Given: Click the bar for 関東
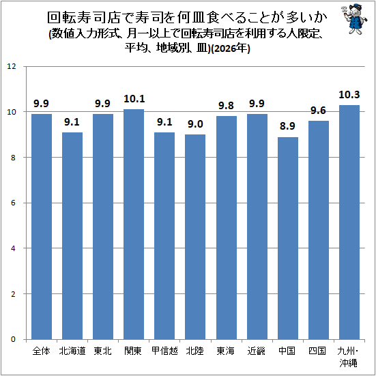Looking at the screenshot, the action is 134,225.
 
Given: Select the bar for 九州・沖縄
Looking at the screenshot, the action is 349,222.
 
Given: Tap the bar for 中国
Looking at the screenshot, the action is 288,238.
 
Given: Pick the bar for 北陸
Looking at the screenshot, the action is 195,237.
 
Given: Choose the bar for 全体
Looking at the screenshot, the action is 42,227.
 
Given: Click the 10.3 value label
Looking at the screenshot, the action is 349,95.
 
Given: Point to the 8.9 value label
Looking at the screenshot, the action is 287,126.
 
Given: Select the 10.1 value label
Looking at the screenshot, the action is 134,99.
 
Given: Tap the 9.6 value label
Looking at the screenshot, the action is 318,111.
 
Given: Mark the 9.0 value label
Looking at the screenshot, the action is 195,124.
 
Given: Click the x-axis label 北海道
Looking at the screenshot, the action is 72,351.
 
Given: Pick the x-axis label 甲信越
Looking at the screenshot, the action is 164,351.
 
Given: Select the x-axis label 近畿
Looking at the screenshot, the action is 257,351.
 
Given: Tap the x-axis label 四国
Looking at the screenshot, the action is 317,351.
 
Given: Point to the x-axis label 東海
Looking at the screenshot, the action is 226,351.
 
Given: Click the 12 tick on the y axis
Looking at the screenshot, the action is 12,66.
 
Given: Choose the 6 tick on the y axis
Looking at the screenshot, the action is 13,203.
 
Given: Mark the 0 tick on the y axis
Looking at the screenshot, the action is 13,339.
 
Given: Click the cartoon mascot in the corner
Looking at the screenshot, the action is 354,19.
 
